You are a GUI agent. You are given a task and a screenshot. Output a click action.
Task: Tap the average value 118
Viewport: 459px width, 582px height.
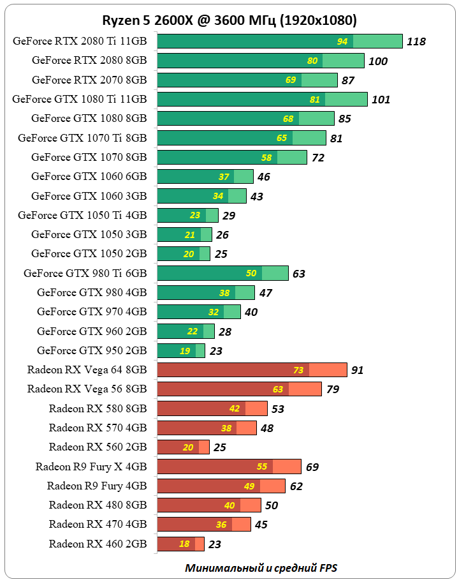pos(416,41)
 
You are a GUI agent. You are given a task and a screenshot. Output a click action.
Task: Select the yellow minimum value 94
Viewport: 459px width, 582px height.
pos(342,41)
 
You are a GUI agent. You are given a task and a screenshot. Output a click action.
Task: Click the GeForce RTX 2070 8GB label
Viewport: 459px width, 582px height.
pos(89,80)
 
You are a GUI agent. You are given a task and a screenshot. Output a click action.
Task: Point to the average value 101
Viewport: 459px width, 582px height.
pos(381,100)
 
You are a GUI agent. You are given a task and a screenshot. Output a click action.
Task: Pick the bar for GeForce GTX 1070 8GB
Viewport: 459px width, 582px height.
pos(232,157)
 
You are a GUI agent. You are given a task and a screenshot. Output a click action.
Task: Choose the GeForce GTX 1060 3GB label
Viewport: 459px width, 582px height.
pos(89,196)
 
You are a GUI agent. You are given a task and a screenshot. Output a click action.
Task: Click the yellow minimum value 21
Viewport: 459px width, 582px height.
pos(190,235)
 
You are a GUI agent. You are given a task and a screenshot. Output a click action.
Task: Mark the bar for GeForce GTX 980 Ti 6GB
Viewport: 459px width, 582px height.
pos(222,273)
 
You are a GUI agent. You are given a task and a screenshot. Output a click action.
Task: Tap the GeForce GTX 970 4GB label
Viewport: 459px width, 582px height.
pos(92,311)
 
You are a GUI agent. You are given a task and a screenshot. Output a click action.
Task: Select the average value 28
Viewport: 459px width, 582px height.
pos(224,331)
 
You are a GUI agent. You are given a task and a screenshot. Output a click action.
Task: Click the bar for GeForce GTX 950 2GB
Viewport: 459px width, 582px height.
pos(181,350)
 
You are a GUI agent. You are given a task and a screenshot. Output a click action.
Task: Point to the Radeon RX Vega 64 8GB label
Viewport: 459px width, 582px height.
pos(87,369)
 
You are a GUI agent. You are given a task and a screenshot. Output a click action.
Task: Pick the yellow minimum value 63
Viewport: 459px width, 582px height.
pos(278,389)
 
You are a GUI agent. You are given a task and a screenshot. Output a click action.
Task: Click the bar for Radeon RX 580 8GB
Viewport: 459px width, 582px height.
pos(212,408)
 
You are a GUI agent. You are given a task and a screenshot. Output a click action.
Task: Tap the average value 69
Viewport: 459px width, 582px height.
pos(312,466)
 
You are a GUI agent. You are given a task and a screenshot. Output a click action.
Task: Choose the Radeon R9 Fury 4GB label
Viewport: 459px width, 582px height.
pos(97,486)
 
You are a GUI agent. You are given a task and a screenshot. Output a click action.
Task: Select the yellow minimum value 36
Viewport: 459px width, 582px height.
pos(221,525)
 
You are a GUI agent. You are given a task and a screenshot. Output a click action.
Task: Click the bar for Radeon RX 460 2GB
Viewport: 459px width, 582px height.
pos(180,544)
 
